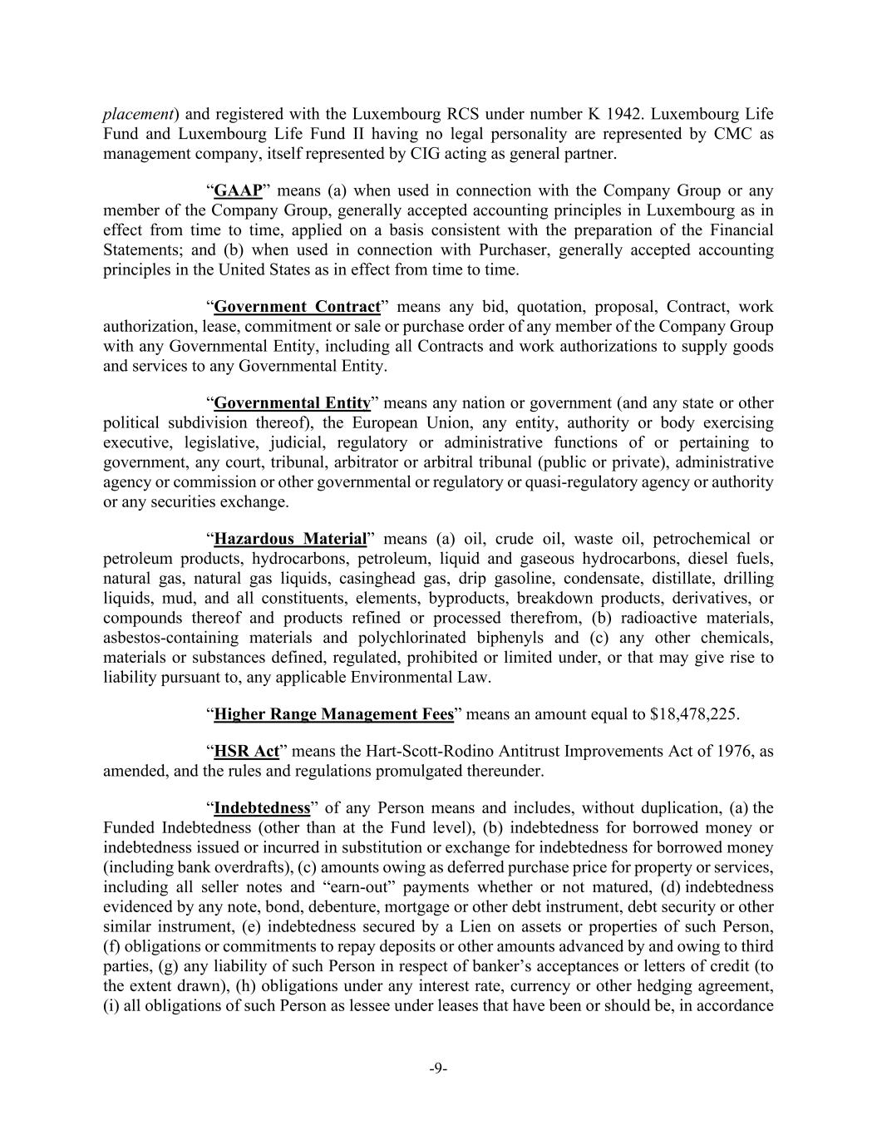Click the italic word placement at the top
click(138, 114)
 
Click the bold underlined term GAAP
click(239, 190)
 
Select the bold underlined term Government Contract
click(297, 307)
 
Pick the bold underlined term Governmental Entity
click(292, 403)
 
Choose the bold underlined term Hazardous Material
click(290, 539)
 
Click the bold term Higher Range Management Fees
click(333, 714)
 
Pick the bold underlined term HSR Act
click(246, 751)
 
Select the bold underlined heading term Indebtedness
click(262, 808)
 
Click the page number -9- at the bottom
click(438, 1068)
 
